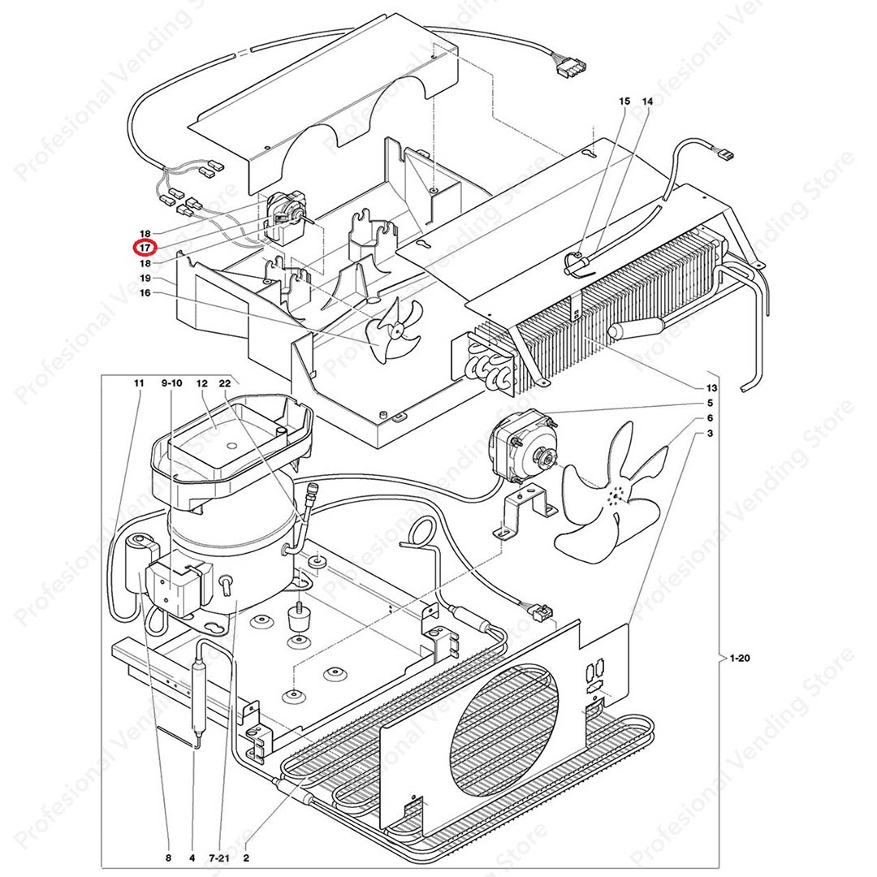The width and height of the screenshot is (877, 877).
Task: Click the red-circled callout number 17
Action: (x=145, y=248)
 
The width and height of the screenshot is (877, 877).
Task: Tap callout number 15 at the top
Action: (x=624, y=102)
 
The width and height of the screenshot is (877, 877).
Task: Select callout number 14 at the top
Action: (x=647, y=102)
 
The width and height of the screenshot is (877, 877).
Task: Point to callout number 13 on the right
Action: (x=711, y=387)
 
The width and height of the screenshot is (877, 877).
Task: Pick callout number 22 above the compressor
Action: (x=225, y=382)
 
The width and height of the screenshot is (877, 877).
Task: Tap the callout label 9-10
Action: (x=173, y=382)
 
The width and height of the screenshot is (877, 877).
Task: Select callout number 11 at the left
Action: (x=139, y=382)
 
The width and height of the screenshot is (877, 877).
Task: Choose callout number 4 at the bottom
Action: (x=192, y=857)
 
